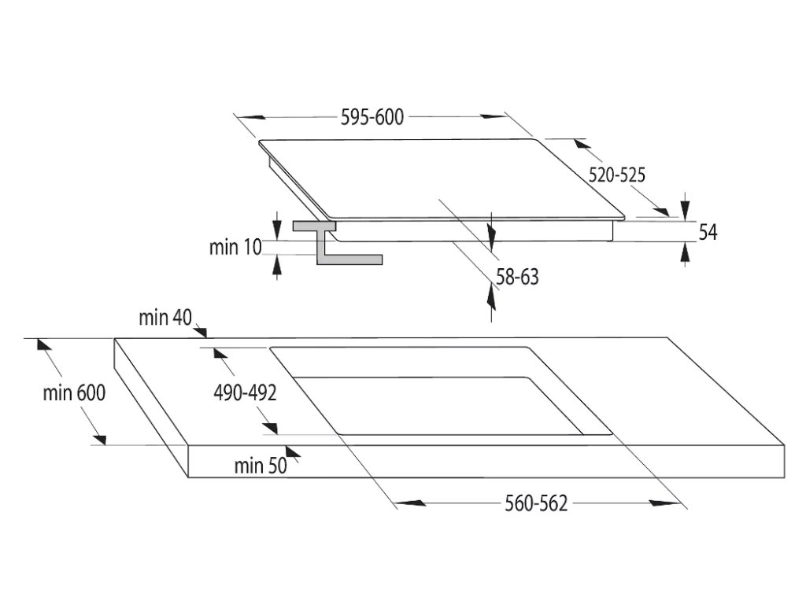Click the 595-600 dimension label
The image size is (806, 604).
(x=372, y=117)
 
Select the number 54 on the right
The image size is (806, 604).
(x=708, y=232)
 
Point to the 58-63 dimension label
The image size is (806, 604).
(x=517, y=277)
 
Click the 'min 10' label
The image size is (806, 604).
(x=235, y=247)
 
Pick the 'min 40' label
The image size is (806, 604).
(x=165, y=318)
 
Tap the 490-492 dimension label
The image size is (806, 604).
(x=245, y=393)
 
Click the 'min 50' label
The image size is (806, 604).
(x=260, y=466)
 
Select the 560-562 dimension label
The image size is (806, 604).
(x=536, y=503)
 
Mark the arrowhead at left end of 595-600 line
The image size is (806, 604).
(x=250, y=119)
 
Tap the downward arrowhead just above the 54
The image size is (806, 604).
(x=686, y=208)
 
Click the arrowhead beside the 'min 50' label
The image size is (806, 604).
(x=294, y=451)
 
